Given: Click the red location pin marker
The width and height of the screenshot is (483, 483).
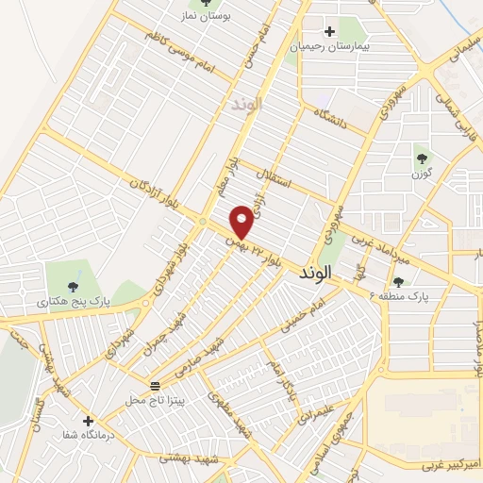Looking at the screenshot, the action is point(242,221).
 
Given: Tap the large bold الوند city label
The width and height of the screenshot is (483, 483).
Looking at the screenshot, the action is point(314,274).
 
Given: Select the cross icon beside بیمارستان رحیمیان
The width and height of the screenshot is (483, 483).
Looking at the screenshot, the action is point(329,31).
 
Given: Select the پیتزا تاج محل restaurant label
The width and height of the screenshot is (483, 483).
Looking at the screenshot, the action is point(156,401).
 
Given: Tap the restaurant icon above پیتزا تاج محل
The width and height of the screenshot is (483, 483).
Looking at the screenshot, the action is point(156,386).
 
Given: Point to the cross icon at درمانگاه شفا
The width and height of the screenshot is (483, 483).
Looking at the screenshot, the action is point(88,421).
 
